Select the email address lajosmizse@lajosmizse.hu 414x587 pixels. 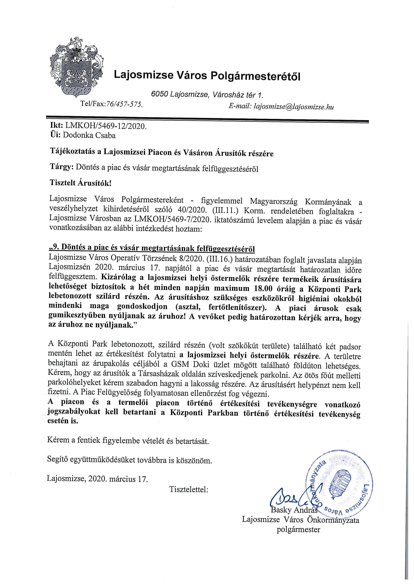click(293, 107)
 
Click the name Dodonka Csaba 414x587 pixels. click(89, 135)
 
